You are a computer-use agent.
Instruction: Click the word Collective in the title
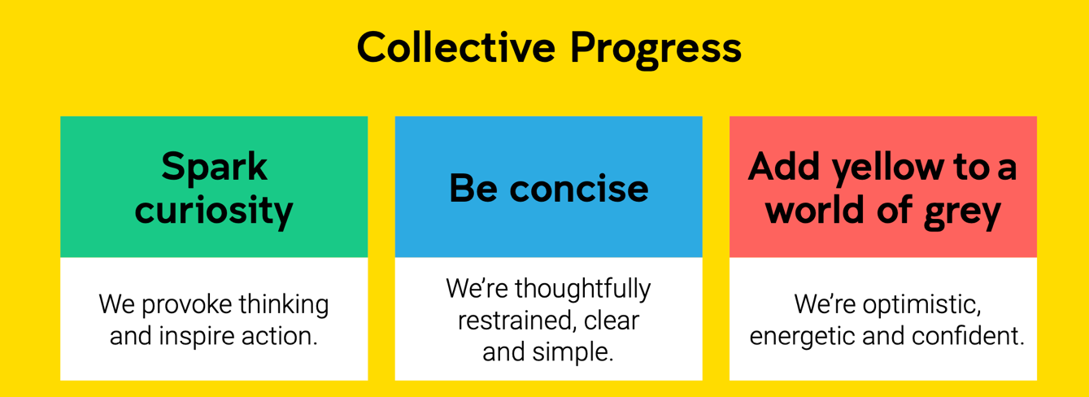pos(456,47)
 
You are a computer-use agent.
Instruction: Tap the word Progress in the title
pos(656,50)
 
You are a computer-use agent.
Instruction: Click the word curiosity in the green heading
pos(214,211)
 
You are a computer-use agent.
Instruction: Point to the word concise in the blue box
pos(579,189)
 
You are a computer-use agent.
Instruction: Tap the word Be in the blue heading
pos(473,188)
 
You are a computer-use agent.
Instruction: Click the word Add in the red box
pos(784,167)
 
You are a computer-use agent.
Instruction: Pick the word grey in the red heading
pos(963,213)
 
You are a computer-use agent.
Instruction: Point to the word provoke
pos(187,306)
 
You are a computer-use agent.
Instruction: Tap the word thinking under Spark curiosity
pos(283,306)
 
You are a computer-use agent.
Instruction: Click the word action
pos(280,337)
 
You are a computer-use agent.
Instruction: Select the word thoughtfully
pos(583,290)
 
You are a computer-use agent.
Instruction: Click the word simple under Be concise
pos(573,352)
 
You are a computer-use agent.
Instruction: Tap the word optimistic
pos(922,306)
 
